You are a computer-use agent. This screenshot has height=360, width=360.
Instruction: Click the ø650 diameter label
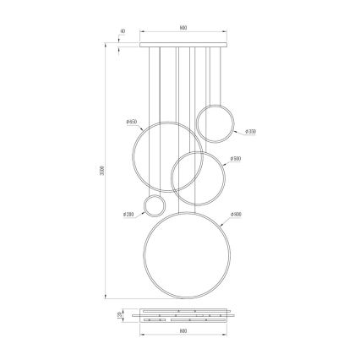click(131, 123)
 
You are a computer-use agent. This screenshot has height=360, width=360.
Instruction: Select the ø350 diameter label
click(251, 132)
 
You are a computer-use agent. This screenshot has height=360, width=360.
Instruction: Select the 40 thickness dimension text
click(123, 31)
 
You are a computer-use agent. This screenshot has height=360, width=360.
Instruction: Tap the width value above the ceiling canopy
click(183, 27)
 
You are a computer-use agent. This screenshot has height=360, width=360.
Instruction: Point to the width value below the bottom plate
click(183, 331)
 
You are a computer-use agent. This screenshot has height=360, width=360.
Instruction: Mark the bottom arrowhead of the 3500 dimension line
click(105, 297)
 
